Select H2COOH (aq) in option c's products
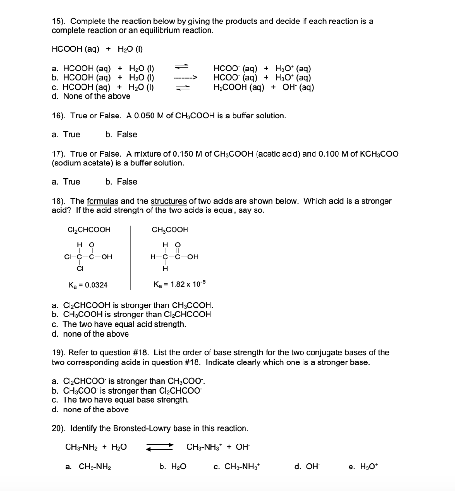(238, 87)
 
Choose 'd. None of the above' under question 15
(91, 96)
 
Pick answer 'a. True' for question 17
(66, 182)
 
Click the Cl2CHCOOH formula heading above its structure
(89, 230)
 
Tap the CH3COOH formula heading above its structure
(170, 230)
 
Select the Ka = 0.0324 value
(88, 285)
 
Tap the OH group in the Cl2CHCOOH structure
(107, 257)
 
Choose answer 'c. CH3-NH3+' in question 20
(237, 467)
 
